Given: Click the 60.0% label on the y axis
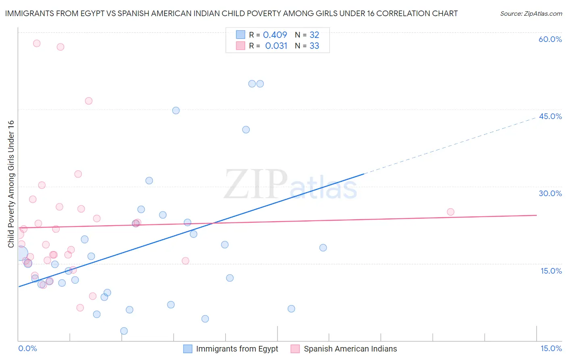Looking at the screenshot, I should tap(550, 39).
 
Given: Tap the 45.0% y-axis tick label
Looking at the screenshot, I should tap(550, 116).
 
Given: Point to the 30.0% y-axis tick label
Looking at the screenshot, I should tap(550, 193).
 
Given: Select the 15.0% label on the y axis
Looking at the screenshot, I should tap(551, 271).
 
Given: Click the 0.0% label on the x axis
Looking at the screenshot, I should tap(27, 348).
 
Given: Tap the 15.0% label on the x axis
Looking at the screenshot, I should tap(551, 348).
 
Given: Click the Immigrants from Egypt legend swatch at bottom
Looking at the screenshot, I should tap(188, 349).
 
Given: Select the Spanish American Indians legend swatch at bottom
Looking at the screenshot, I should tap(295, 349).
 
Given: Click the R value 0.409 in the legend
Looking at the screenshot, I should tap(275, 35).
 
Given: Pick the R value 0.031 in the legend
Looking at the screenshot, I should tap(276, 46).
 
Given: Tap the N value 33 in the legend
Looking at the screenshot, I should tap(314, 46).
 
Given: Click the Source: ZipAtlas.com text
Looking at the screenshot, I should tap(531, 14).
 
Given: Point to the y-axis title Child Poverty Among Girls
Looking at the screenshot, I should tap(11, 184).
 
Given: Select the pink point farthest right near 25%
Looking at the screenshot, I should tap(450, 212).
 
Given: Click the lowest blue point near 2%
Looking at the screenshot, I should tap(124, 331).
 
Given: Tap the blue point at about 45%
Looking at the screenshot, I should tap(176, 111).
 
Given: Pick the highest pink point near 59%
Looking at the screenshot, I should tap(37, 43).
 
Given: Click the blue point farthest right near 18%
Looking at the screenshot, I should tap(323, 248).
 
